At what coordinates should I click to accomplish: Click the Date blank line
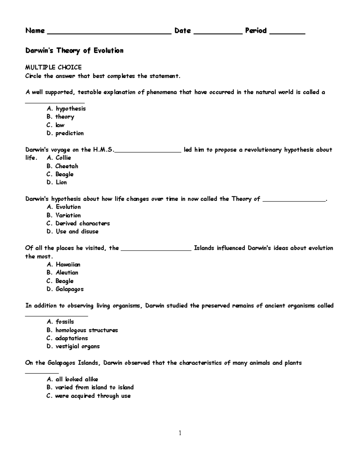(218, 34)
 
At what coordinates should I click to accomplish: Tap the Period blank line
(287, 34)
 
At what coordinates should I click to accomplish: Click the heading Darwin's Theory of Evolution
(74, 50)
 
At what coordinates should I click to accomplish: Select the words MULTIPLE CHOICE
(53, 67)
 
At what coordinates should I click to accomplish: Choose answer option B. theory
(60, 117)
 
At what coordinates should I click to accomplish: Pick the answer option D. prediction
(65, 133)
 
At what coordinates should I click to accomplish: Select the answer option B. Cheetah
(62, 166)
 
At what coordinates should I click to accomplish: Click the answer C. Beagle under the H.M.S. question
(60, 174)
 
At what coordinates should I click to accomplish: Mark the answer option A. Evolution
(64, 207)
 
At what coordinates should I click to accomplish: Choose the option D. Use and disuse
(73, 232)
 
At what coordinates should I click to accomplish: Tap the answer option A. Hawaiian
(64, 265)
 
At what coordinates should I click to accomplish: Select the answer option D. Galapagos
(65, 289)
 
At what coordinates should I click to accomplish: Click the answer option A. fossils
(60, 322)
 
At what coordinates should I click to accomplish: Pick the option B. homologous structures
(82, 330)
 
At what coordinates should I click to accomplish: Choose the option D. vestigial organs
(73, 346)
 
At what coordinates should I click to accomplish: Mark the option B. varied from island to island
(90, 387)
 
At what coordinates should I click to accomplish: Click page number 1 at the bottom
(180, 433)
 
